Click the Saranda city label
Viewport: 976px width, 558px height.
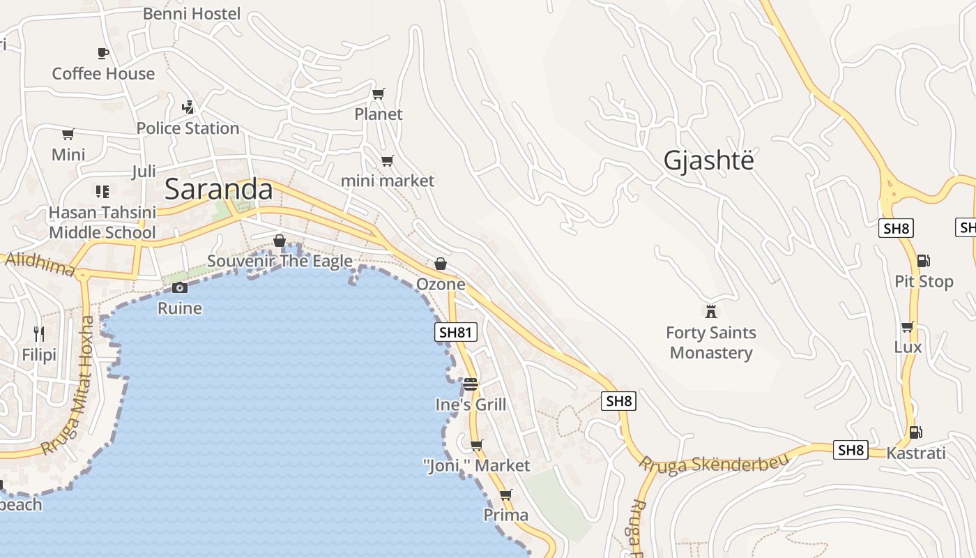[x=218, y=189]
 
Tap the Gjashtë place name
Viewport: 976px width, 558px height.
[x=708, y=160]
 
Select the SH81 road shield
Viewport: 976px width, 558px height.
[x=456, y=332]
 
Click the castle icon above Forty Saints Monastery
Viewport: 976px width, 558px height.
[x=711, y=311]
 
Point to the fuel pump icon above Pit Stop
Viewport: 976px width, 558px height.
[x=924, y=261]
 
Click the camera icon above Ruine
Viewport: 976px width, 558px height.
[x=180, y=287]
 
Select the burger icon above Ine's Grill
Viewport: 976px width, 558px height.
[x=471, y=384]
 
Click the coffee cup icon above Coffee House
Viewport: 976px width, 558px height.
[x=103, y=53]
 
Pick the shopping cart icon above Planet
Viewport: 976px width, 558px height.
[x=379, y=93]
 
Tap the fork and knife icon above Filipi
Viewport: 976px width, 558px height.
[x=39, y=335]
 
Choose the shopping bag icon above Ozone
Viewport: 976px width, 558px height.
[x=441, y=264]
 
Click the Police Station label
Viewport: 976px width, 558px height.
[x=188, y=128]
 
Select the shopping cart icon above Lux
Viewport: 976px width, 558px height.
[x=908, y=326]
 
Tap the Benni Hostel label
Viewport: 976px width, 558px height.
[x=192, y=13]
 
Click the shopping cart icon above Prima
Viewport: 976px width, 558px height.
[x=506, y=495]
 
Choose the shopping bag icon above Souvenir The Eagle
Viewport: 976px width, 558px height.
[x=280, y=241]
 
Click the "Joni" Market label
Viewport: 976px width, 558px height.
[x=477, y=465]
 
